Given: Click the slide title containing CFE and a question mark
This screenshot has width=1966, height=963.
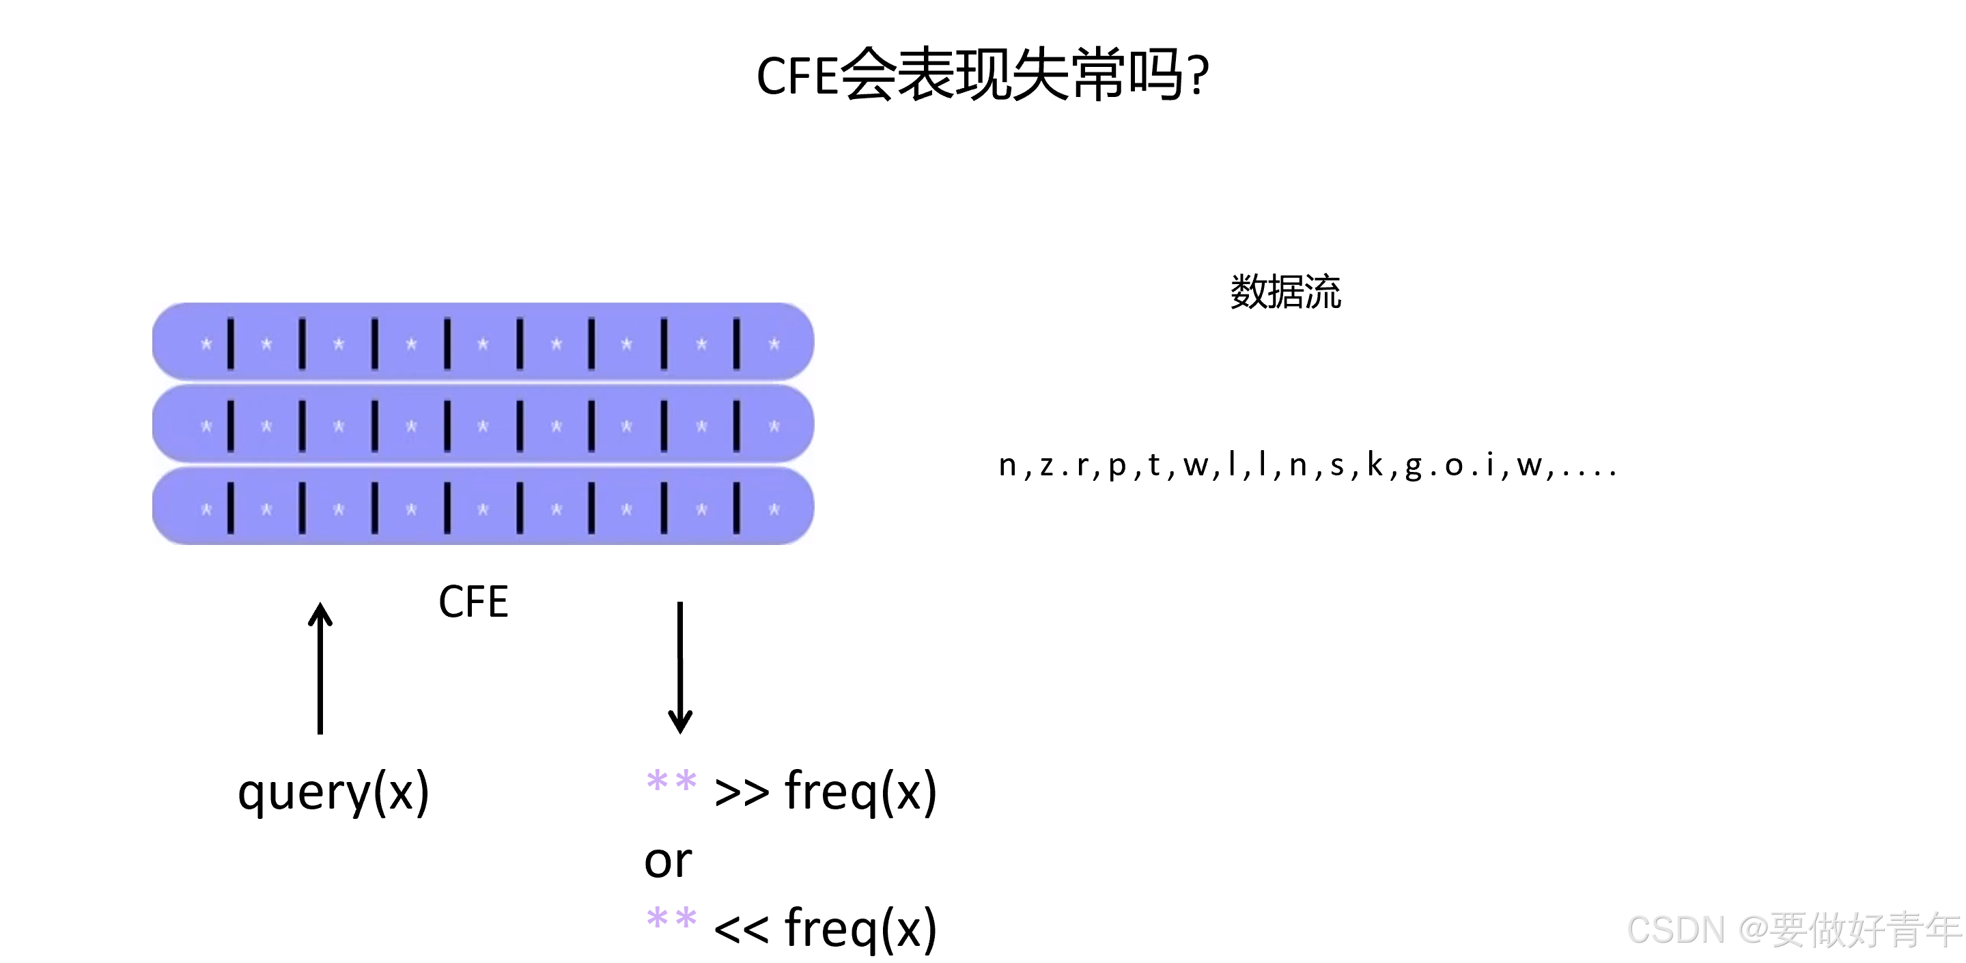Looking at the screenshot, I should [982, 74].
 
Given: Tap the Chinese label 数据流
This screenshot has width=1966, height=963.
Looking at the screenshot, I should [1285, 292].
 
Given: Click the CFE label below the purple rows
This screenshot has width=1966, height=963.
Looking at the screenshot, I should [473, 602].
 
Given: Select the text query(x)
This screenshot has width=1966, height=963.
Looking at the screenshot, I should [333, 793].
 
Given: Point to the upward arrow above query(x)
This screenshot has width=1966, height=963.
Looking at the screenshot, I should [320, 668].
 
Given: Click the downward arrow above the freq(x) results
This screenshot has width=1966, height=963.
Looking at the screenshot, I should [680, 668].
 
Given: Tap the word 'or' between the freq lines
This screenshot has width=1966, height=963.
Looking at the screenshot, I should [668, 861].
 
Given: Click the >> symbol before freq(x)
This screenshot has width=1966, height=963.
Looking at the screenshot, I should [741, 793].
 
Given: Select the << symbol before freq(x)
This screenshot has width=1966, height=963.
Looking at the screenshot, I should [741, 930].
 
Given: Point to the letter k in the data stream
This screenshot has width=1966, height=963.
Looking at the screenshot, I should [1375, 464].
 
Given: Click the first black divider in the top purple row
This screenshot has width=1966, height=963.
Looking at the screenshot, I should [231, 344].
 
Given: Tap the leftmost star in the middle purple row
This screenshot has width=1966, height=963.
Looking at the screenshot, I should [206, 427].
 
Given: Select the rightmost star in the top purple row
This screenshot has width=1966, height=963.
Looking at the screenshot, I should [774, 344].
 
